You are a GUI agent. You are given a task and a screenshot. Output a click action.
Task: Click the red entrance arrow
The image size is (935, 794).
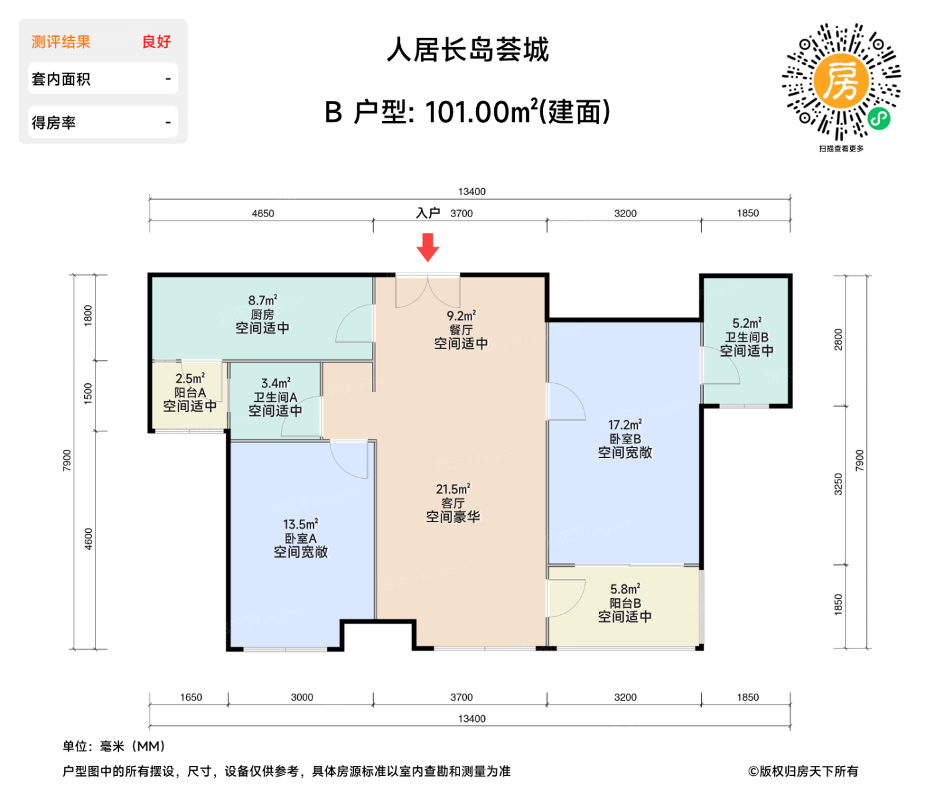[427, 247]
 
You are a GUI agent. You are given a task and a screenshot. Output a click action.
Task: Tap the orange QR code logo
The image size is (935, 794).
[841, 81]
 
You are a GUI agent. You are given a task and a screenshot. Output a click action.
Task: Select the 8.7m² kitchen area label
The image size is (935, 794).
[262, 301]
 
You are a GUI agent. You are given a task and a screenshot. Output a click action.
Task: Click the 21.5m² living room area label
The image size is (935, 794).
[453, 489]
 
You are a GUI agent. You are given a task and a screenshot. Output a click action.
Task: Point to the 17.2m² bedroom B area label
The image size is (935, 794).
[625, 425]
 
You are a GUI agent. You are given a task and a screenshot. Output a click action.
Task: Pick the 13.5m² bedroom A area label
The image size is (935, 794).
[301, 524]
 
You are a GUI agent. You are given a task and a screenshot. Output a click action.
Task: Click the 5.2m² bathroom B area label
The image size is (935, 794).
[747, 323]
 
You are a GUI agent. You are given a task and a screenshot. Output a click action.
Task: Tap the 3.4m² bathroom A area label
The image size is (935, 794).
[276, 383]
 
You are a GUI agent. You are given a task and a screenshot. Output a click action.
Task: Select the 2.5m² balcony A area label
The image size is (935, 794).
[190, 379]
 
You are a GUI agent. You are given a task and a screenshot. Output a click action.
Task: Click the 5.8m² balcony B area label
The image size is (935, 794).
[625, 589]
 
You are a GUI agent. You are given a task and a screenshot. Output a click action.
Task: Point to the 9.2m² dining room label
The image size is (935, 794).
[461, 316]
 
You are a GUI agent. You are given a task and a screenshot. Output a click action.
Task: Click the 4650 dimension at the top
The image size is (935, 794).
[263, 214]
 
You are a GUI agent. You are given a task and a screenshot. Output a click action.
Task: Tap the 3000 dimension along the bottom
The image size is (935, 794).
[302, 697]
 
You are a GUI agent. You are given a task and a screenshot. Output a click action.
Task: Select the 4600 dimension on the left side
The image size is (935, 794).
[89, 539]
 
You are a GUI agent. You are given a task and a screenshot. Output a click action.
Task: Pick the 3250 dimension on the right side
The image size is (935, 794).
[839, 484]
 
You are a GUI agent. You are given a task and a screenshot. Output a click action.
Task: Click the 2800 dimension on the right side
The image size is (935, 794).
[839, 339]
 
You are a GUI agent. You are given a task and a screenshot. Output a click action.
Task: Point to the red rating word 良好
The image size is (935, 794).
[157, 42]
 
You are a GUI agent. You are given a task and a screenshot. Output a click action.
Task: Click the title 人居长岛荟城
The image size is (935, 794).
[467, 50]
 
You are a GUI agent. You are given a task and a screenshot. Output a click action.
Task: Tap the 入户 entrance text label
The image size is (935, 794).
[428, 213]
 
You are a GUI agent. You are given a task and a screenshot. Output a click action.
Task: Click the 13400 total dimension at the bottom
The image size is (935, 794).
[472, 719]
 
